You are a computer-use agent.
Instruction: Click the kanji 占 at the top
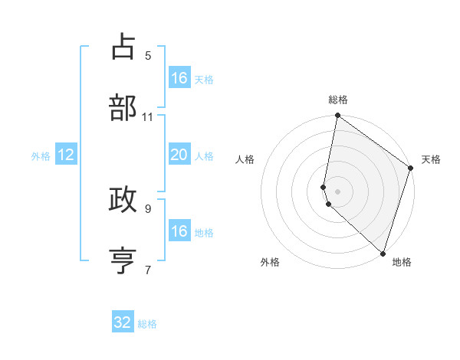(x=123, y=47)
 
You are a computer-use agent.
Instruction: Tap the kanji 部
(x=123, y=108)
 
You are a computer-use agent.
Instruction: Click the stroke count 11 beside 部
(x=148, y=116)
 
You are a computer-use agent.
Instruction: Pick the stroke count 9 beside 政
(x=148, y=208)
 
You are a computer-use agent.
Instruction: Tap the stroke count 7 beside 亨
(x=148, y=269)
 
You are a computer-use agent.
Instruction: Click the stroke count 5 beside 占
(x=148, y=55)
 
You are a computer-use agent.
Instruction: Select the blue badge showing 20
(x=179, y=155)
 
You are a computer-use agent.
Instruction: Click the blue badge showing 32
(x=123, y=322)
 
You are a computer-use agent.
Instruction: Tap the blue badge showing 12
(x=66, y=155)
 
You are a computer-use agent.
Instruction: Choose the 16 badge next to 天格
(x=179, y=78)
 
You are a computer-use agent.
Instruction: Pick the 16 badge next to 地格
(x=179, y=231)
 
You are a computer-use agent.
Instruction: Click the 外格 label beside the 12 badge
(x=41, y=156)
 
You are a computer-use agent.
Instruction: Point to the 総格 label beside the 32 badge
(x=147, y=324)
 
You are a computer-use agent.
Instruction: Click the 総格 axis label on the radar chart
(x=338, y=100)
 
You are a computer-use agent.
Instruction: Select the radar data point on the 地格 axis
(x=383, y=254)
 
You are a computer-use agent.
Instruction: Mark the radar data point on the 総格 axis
(x=337, y=116)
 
